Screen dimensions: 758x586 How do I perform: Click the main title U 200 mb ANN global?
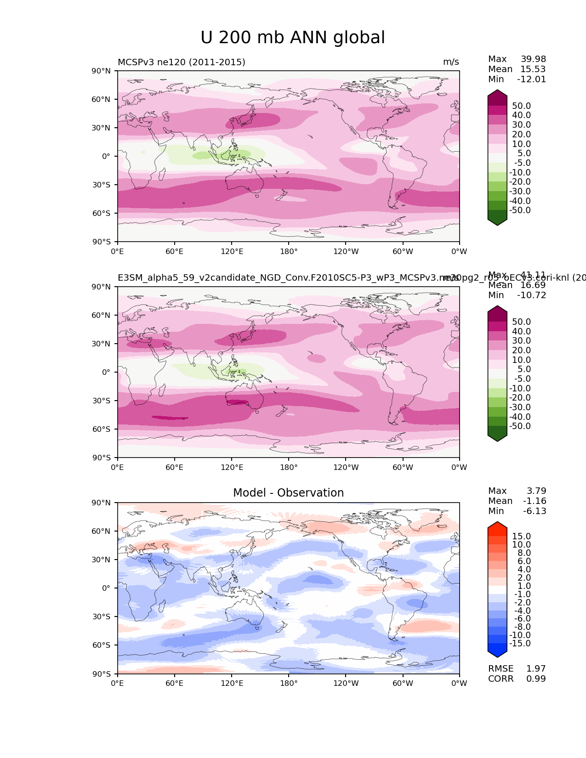pos(293,38)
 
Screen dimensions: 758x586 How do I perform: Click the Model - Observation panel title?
pos(288,493)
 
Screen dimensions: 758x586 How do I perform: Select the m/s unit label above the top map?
pos(451,62)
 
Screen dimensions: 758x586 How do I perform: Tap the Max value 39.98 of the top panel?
pos(533,59)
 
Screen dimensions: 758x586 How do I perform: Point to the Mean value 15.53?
pos(533,69)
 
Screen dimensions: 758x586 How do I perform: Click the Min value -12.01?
pos(532,79)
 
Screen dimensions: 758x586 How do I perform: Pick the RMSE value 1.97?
pos(536,669)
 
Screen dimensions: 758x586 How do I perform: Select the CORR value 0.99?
pos(536,679)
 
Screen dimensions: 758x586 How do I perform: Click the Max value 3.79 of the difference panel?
pos(536,491)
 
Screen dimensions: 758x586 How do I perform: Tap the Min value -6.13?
pos(535,511)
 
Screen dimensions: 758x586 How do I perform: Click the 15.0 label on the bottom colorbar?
pos(522,537)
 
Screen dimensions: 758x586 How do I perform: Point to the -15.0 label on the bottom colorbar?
pos(520,644)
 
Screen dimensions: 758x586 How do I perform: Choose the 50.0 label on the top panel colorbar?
pos(522,106)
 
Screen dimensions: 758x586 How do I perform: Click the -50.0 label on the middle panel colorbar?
pos(520,426)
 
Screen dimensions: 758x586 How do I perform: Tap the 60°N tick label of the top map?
pos(102,99)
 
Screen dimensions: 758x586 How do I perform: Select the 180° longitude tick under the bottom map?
pos(289,684)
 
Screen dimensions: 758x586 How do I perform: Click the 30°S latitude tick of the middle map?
pos(102,401)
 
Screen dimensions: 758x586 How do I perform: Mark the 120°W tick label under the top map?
pos(346,252)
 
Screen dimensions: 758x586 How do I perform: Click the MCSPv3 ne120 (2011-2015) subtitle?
pos(182,62)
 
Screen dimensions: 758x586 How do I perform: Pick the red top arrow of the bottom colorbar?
pos(497,526)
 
